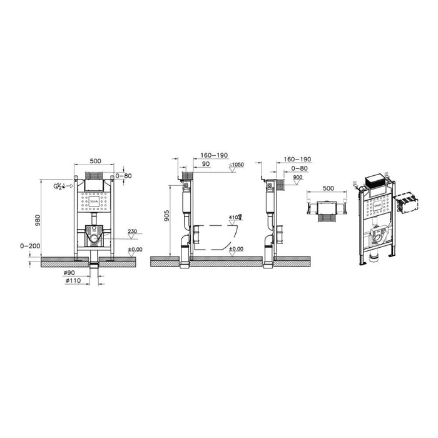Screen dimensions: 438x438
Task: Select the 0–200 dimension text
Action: [31, 246]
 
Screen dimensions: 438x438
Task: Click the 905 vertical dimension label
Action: [166, 216]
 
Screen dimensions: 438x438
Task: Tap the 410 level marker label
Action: [234, 218]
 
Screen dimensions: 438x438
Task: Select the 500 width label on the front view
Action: [94, 161]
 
